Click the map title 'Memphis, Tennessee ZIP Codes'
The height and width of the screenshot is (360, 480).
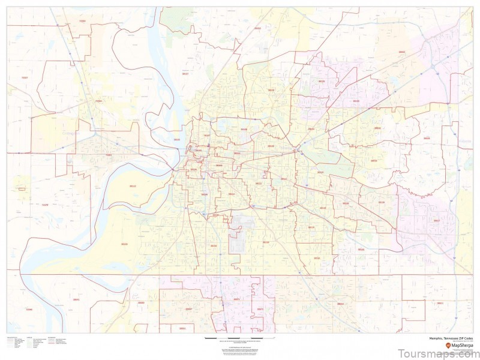(x=445, y=339)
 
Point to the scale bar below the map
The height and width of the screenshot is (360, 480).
(x=234, y=340)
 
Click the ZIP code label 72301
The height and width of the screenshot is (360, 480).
(x=109, y=155)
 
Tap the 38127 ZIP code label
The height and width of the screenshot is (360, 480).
(x=185, y=74)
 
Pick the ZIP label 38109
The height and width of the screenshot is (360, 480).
(x=124, y=244)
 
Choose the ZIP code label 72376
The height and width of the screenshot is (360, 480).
(x=45, y=205)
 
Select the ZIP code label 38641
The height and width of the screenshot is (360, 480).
(x=76, y=299)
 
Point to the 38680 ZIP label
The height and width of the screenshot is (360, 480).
(x=140, y=303)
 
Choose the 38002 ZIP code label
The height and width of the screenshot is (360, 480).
(x=402, y=52)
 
